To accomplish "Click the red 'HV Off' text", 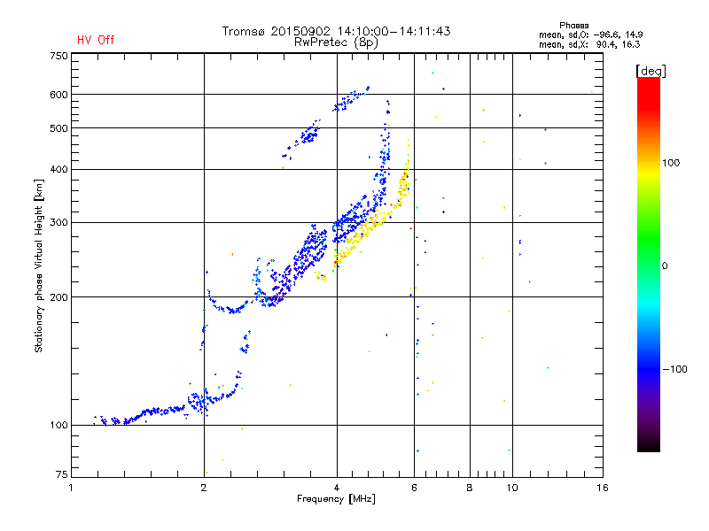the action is (96, 40).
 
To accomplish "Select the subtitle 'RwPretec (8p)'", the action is (336, 42).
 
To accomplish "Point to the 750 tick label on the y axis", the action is (58, 56).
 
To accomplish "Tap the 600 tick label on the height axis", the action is (58, 95).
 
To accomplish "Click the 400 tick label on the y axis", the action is (58, 169).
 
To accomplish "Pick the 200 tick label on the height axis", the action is (58, 297).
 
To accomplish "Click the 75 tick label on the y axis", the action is (62, 474).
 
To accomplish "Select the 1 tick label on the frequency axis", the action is (71, 488).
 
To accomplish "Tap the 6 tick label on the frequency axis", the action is (414, 488).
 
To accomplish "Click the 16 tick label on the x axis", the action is (603, 488).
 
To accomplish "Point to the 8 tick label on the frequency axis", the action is (470, 488).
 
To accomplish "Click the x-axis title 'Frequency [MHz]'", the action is (336, 499).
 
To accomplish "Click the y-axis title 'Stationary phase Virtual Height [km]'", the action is (39, 266).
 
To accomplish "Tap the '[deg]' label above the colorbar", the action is (651, 72).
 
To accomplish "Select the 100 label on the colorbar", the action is (671, 163).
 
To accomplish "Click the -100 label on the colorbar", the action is (674, 369).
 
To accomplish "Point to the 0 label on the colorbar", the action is (665, 266).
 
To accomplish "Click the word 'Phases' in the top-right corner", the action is (574, 26).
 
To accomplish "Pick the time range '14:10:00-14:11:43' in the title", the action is (393, 31).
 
